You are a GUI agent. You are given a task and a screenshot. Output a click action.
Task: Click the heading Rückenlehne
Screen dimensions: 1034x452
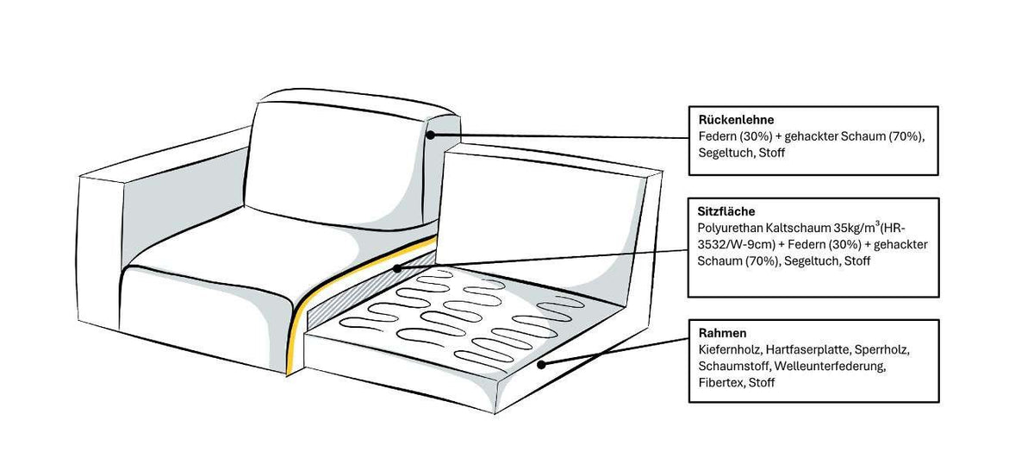click(736, 120)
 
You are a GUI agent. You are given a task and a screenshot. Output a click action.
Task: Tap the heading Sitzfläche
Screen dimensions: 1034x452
click(726, 211)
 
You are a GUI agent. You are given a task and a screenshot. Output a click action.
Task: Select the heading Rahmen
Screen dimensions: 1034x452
click(722, 333)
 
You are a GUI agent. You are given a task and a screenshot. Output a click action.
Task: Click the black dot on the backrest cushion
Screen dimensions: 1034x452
click(430, 135)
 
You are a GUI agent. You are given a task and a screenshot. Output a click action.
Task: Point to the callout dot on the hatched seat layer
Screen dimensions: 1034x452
click(397, 268)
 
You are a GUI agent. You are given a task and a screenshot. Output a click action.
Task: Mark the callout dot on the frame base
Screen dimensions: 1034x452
click(541, 365)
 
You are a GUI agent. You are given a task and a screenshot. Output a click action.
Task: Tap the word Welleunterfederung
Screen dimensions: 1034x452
click(830, 366)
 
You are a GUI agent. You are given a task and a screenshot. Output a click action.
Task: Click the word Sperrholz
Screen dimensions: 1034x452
click(882, 350)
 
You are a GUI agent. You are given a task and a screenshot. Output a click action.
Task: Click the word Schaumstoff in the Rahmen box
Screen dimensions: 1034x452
click(734, 366)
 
